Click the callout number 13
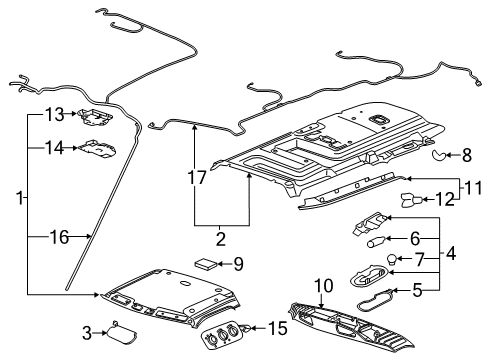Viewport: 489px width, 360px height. (53, 114)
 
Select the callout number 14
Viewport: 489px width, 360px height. (53, 147)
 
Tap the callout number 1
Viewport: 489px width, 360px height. (10, 200)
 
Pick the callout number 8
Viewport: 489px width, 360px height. (467, 154)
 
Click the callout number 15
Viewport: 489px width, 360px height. (277, 327)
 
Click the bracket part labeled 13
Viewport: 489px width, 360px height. (96, 116)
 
